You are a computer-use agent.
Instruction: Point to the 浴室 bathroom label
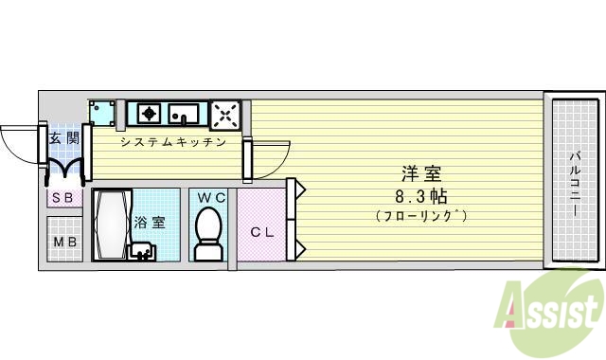pyautogui.click(x=151, y=224)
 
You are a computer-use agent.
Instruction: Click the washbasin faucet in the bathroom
pyautogui.click(x=143, y=251)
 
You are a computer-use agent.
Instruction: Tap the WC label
pyautogui.click(x=210, y=197)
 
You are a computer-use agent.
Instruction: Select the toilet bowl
pyautogui.click(x=208, y=232)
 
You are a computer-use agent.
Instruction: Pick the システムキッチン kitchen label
pyautogui.click(x=172, y=143)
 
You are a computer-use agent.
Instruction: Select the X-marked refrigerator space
pyautogui.click(x=225, y=114)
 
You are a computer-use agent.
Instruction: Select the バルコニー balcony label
pyautogui.click(x=575, y=182)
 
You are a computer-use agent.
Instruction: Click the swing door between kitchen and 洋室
pyautogui.click(x=268, y=157)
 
